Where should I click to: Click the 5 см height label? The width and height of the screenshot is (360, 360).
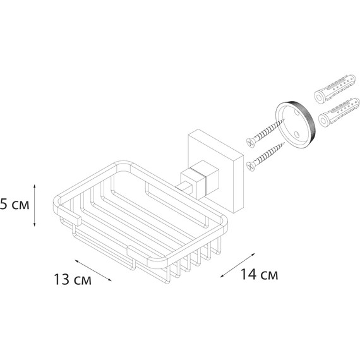point(15,205)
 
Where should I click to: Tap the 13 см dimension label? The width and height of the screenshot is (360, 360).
point(73,279)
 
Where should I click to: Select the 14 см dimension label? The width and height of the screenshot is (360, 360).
point(259,274)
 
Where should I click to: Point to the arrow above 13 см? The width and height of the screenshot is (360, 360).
point(93,270)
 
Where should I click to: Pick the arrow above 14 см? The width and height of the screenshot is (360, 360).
point(237,265)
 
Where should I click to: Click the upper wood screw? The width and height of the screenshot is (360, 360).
point(265,133)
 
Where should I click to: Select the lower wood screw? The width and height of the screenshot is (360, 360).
point(265,157)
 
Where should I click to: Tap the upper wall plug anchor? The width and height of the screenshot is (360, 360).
point(335,88)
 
